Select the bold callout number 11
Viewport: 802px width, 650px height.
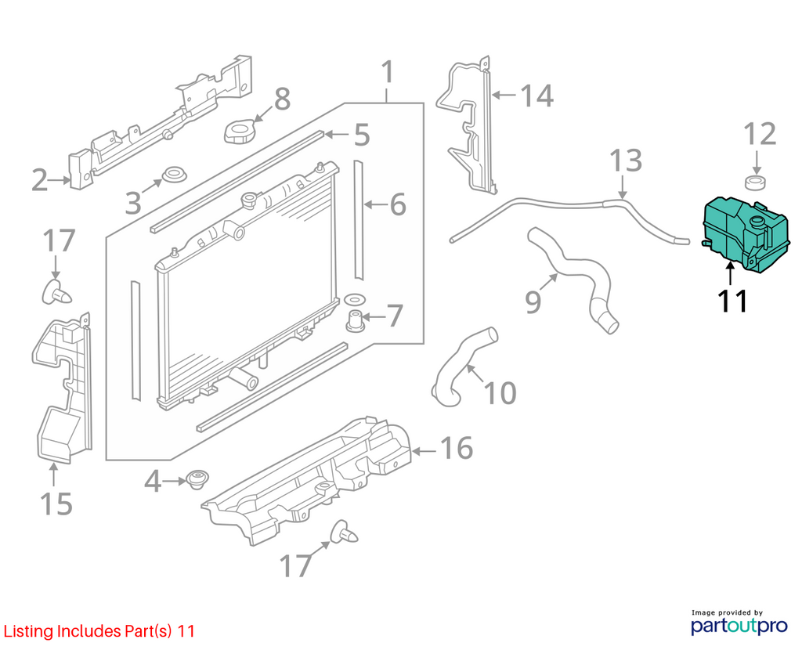point(733,301)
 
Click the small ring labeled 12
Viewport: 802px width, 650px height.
point(756,182)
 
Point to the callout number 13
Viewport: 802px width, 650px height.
point(626,161)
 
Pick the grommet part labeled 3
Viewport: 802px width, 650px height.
point(174,175)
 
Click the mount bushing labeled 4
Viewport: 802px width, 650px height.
point(197,479)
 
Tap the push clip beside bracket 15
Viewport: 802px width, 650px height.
point(56,292)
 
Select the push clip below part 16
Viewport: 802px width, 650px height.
point(344,533)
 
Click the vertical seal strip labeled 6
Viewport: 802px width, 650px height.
point(359,220)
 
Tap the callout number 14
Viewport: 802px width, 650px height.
point(536,96)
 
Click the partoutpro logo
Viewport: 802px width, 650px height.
point(739,623)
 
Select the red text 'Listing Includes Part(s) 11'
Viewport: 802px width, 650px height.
point(99,631)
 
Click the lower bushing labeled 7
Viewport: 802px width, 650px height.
point(356,320)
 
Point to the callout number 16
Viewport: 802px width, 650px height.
point(457,448)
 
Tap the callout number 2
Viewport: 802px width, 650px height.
point(39,181)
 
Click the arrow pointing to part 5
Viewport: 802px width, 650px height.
point(336,135)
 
